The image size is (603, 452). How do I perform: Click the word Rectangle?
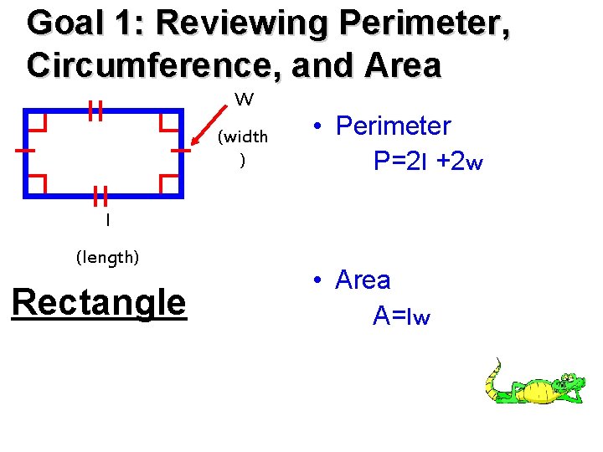click(99, 302)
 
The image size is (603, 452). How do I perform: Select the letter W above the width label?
click(244, 100)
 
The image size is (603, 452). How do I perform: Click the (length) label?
click(107, 258)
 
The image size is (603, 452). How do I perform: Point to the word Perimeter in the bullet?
click(393, 126)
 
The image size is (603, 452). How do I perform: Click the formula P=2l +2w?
click(428, 161)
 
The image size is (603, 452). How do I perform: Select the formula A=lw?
click(401, 316)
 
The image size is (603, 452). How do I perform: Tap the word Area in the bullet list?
click(363, 280)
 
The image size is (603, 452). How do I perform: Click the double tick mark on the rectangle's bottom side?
click(101, 196)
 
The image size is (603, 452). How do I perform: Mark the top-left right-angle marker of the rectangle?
click(37, 122)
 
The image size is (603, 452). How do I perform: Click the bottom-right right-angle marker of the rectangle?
click(168, 183)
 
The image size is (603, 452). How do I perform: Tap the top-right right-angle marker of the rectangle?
click(168, 122)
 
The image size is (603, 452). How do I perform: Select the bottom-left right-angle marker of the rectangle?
click(37, 183)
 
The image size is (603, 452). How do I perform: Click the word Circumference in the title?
click(146, 65)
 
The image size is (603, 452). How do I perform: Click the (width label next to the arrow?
click(242, 136)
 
